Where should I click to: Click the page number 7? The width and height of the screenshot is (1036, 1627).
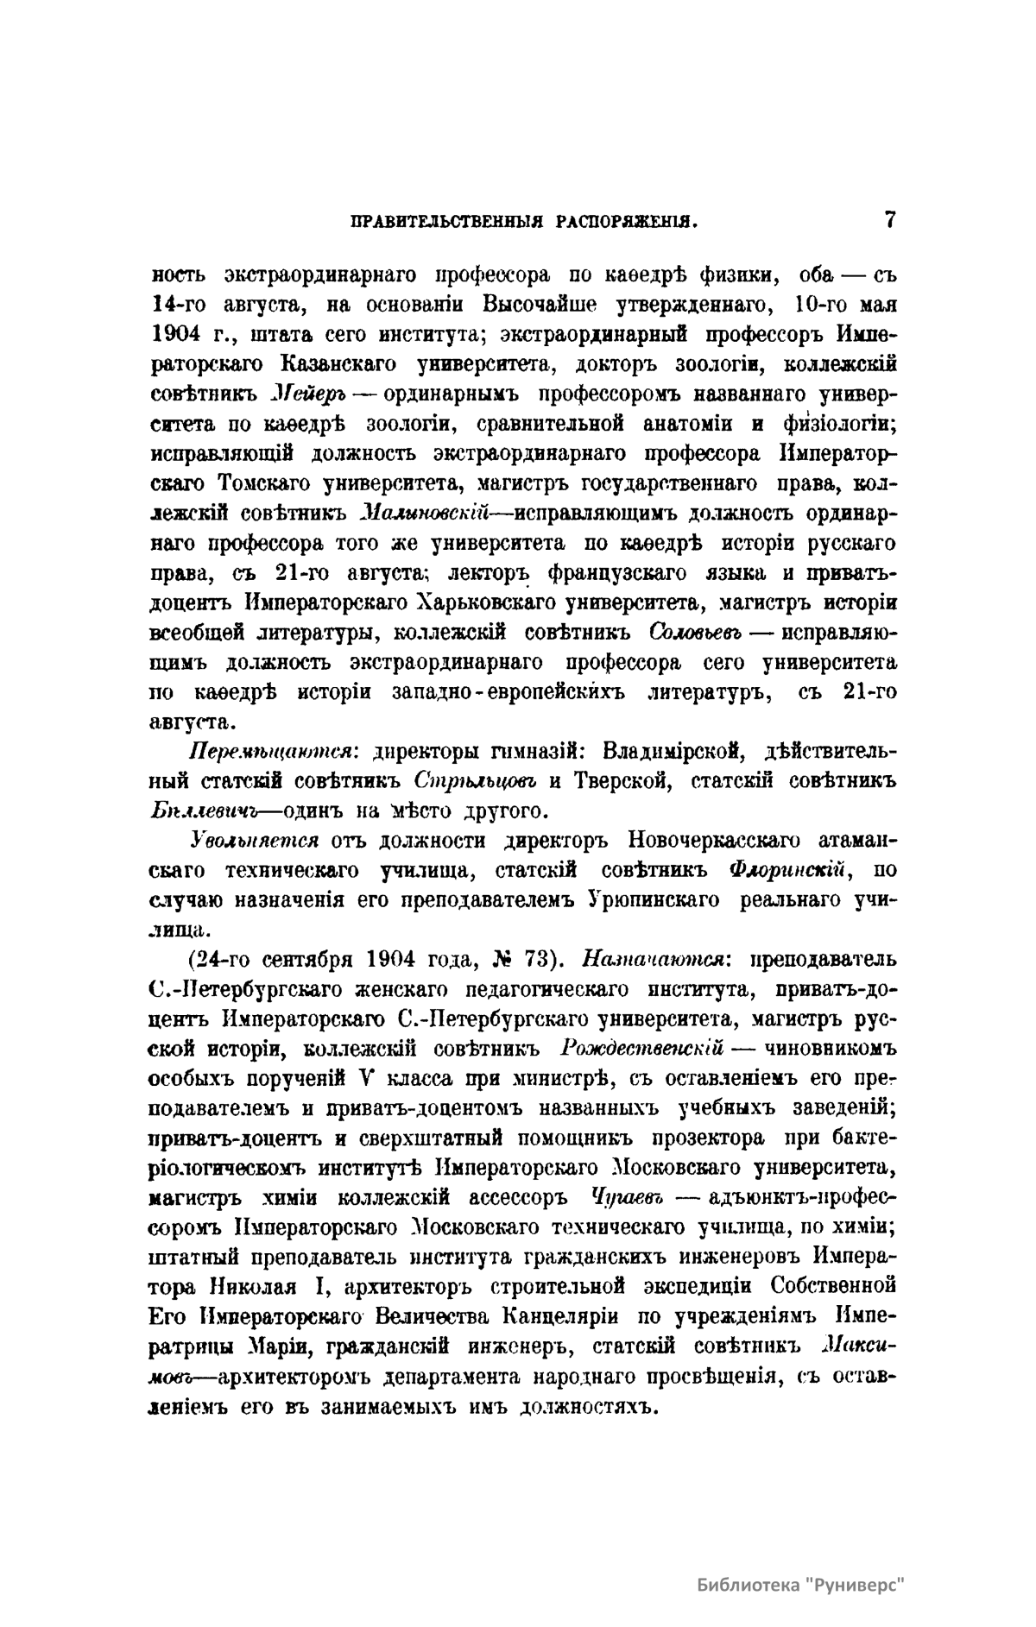(890, 219)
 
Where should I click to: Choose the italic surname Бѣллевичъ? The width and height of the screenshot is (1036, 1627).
(200, 810)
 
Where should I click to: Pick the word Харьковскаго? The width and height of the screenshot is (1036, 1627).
(489, 602)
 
